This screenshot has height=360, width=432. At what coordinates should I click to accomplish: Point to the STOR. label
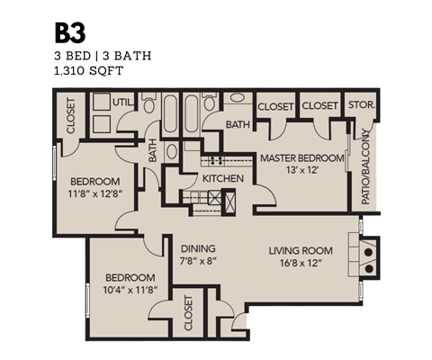pos(361,105)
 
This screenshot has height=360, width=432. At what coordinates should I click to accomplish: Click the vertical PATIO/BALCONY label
pos(365,167)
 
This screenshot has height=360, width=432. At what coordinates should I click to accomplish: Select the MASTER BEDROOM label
pos(301,158)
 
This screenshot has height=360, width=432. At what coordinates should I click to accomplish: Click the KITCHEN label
pos(222,179)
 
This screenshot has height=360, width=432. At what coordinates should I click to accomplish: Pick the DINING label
pos(196,249)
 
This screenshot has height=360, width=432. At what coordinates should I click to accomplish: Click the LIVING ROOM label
pos(301,249)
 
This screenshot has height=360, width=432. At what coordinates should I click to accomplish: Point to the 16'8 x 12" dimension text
pos(301,263)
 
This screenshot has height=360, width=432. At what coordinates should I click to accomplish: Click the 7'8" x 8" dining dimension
pos(196,263)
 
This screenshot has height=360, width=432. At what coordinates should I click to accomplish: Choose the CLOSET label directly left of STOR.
pos(319,105)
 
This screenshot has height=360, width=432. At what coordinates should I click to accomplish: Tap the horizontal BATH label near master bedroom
pos(238,124)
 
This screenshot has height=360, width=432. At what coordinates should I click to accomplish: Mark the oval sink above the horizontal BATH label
pos(237,97)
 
